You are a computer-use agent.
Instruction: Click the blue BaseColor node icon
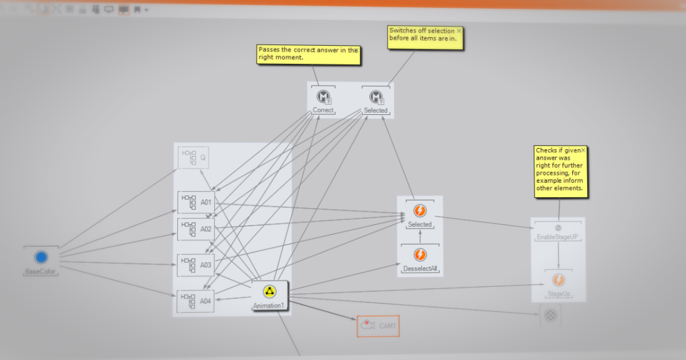(x=41, y=257)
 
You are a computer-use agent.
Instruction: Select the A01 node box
(x=196, y=202)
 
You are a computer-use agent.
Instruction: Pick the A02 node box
(x=196, y=229)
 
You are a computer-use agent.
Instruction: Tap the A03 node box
(x=196, y=265)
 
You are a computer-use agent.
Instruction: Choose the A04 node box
(x=196, y=301)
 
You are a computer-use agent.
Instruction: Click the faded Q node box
(x=193, y=157)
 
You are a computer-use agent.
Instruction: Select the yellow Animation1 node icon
(x=269, y=291)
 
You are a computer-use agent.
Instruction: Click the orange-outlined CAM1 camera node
(x=378, y=326)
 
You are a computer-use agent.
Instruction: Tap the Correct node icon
(x=324, y=96)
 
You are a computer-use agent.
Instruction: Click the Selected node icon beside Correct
(x=376, y=97)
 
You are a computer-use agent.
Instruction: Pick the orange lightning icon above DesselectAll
(x=420, y=254)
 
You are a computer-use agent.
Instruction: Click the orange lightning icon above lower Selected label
(x=420, y=211)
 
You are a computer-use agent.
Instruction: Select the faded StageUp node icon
(x=558, y=281)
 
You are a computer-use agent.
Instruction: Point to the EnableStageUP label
(x=558, y=237)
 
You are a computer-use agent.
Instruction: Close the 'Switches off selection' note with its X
(x=458, y=31)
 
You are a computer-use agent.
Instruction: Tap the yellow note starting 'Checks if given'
(x=561, y=171)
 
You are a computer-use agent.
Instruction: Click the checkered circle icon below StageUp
(x=551, y=315)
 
